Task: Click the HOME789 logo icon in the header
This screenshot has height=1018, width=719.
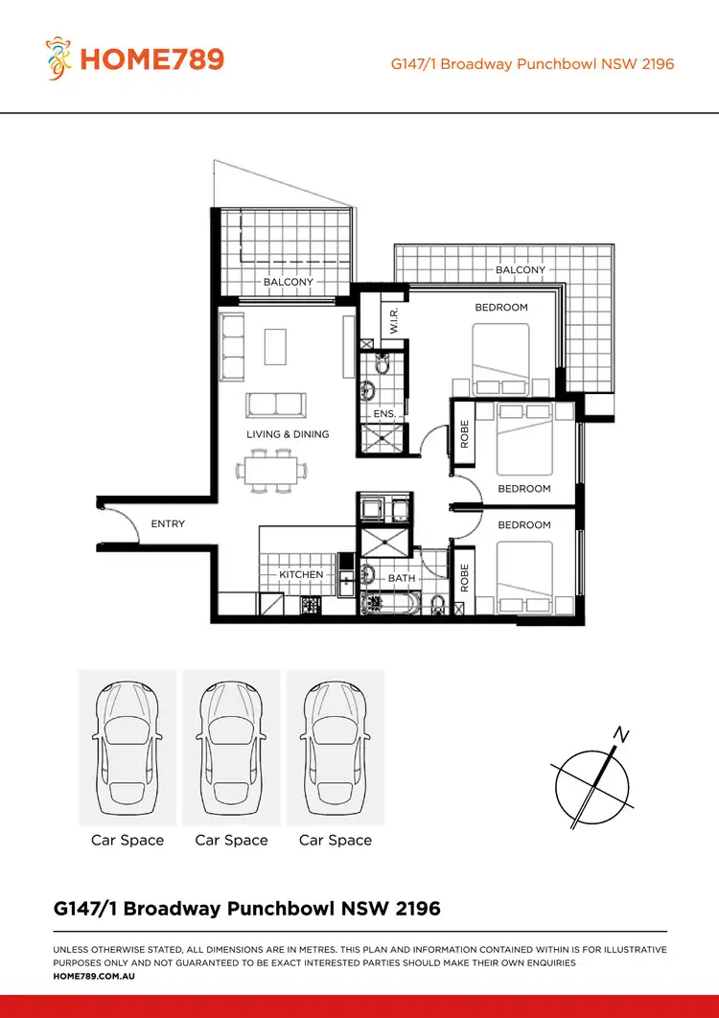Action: pos(60,58)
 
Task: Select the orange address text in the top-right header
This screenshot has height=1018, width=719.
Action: pos(532,64)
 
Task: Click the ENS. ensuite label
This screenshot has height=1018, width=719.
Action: pos(383,413)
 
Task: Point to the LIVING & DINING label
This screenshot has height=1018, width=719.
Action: pos(288,434)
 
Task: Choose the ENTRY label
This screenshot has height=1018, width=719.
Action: pos(168,524)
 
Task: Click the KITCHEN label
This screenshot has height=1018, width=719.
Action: pos(301,574)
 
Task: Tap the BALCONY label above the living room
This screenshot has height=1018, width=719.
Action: pos(289,282)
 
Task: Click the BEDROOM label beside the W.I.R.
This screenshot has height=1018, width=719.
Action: pos(501,308)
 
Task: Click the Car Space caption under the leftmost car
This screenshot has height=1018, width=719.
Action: pos(128,840)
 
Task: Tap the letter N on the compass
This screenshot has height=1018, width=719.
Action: pos(621,736)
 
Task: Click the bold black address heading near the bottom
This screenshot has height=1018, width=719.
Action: pos(246,908)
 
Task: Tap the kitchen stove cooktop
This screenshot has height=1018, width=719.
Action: pos(311,605)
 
